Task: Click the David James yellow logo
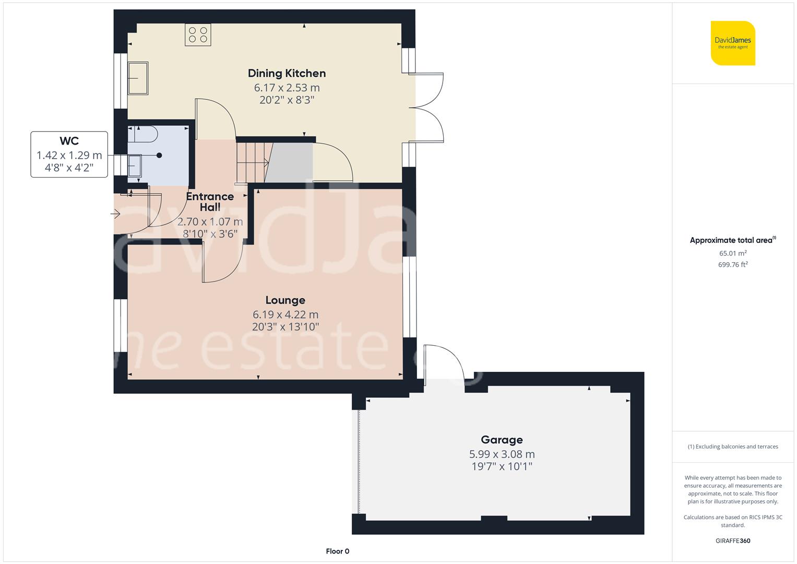click(x=733, y=43)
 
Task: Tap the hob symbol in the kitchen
click(x=198, y=35)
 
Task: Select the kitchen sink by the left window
click(x=138, y=78)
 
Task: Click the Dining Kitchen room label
click(x=287, y=73)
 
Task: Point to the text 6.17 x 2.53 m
click(x=287, y=88)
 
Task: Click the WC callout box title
click(x=69, y=141)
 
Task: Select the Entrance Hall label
click(x=210, y=202)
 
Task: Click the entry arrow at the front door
click(x=116, y=214)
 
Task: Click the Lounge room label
click(x=285, y=300)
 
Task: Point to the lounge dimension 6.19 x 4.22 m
click(x=285, y=314)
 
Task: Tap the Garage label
click(x=502, y=440)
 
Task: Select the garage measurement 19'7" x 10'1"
click(x=502, y=466)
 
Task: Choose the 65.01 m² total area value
click(x=733, y=253)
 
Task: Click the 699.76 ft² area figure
click(x=733, y=265)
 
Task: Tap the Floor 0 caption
click(x=337, y=551)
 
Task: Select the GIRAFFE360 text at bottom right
click(x=733, y=540)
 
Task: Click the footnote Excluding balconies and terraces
click(x=733, y=446)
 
